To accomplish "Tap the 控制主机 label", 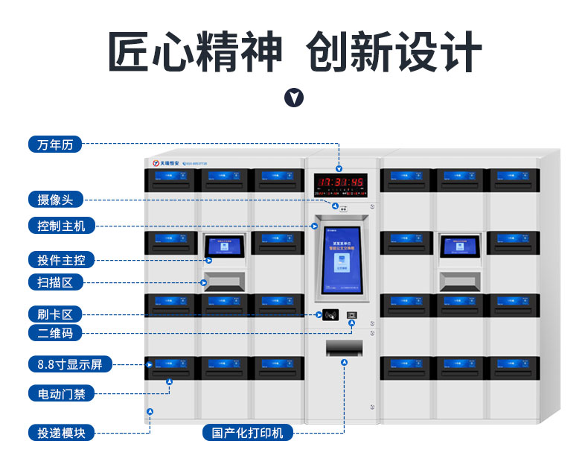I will tap(61, 225).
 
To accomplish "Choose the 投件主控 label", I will tap(61, 260).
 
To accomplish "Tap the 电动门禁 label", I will tap(61, 393).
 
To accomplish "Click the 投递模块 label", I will tap(61, 432).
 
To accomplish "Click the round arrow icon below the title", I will tap(295, 98).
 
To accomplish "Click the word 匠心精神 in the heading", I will tap(196, 51).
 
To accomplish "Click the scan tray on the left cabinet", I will tap(224, 280).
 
